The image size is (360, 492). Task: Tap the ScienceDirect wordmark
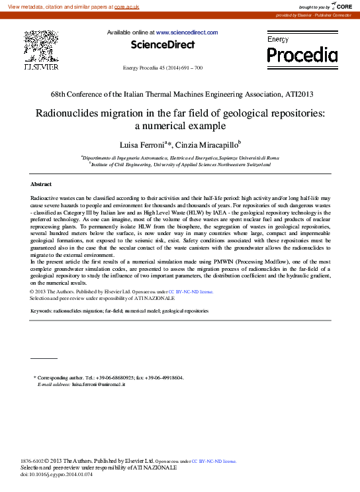coord(162,45)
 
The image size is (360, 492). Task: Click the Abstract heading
coord(41,183)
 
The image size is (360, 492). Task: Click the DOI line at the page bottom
coord(57,475)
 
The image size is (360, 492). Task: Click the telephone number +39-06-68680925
coord(116,377)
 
